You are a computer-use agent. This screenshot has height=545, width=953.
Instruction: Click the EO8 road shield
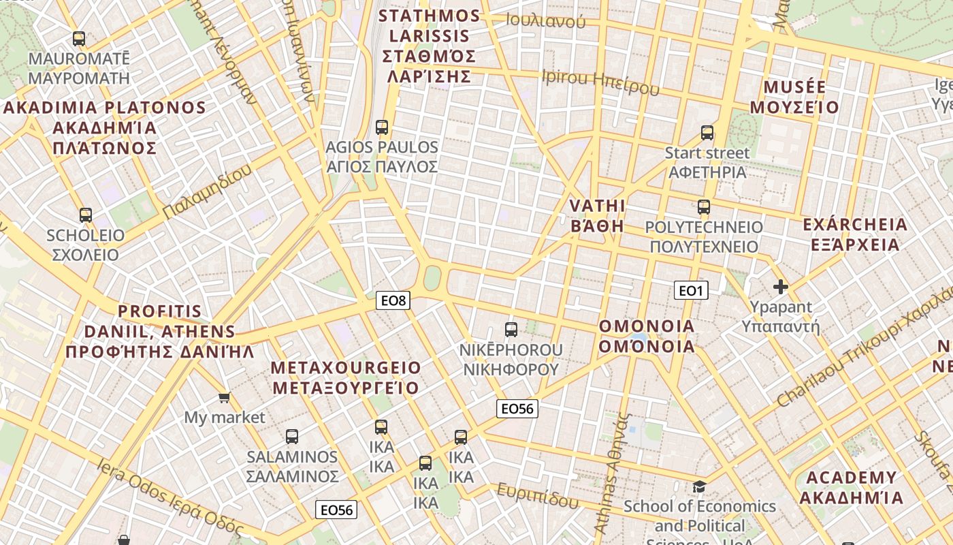pyautogui.click(x=393, y=300)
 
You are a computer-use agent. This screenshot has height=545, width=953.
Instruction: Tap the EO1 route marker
pyautogui.click(x=691, y=291)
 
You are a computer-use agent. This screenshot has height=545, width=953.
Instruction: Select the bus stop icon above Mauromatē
pyautogui.click(x=79, y=39)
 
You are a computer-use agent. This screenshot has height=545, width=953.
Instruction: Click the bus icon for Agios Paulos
pyautogui.click(x=382, y=127)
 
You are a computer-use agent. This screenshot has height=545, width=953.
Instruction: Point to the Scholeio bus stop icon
pyautogui.click(x=86, y=215)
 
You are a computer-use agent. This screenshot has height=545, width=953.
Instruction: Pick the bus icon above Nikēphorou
pyautogui.click(x=511, y=330)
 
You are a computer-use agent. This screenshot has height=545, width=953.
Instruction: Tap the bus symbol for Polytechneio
pyautogui.click(x=704, y=206)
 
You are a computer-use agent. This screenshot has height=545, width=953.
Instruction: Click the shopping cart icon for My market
pyautogui.click(x=224, y=396)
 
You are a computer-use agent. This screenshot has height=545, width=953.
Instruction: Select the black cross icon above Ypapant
pyautogui.click(x=781, y=287)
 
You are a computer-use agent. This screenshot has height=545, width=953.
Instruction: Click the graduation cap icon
pyautogui.click(x=699, y=486)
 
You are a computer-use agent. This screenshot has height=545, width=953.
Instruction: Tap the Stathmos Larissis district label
pyautogui.click(x=429, y=46)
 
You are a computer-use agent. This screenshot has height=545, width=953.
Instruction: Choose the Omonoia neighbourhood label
pyautogui.click(x=647, y=337)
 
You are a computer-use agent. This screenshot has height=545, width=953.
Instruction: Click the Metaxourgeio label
pyautogui.click(x=346, y=378)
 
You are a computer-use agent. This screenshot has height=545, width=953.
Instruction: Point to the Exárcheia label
pyautogui.click(x=855, y=234)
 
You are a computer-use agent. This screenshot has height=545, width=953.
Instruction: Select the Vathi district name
pyautogui.click(x=597, y=215)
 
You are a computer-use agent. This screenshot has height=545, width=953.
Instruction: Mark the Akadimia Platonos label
pyautogui.click(x=105, y=127)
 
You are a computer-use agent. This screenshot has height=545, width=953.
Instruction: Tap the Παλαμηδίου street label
pyautogui.click(x=208, y=192)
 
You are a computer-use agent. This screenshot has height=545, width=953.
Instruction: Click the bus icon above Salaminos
pyautogui.click(x=292, y=436)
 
